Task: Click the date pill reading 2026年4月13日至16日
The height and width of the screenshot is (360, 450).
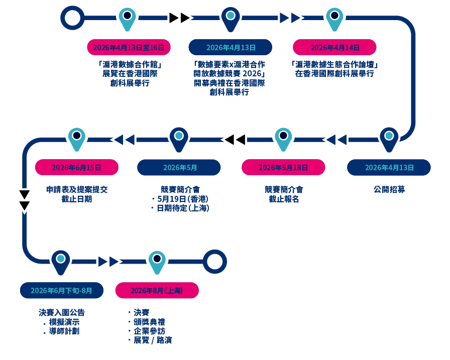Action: pos(129,47)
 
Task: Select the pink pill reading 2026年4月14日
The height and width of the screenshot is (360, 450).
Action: pos(335,47)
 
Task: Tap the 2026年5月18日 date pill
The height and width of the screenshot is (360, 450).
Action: pos(283,168)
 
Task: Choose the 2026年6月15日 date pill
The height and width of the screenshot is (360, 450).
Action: pos(76,168)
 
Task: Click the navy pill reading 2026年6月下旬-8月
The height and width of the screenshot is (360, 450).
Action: pos(62,290)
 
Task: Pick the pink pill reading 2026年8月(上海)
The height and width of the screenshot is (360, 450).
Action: pos(157,290)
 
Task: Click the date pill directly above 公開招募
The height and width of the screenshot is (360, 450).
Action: pos(389,168)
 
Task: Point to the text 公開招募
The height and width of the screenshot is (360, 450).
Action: pos(389,190)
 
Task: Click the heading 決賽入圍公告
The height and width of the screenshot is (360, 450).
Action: pos(62,312)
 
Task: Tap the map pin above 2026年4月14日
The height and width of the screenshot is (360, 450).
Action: pos(334,18)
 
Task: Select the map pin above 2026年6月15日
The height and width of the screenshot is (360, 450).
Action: pos(76,138)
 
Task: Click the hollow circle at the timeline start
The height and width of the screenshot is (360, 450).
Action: pos(72,18)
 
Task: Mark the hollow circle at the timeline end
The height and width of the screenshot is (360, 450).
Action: pos(215,262)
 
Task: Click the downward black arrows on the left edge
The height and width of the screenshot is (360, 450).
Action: pos(24,200)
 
